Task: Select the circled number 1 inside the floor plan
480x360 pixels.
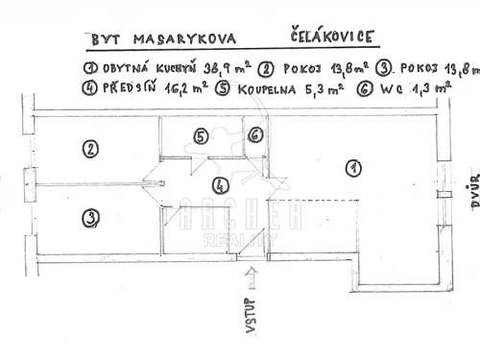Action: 353,169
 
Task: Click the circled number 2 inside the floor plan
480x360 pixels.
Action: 89,150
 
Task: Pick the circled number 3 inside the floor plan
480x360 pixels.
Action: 89,217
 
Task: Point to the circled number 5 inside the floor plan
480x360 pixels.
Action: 200,137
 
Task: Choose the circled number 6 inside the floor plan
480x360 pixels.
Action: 254,137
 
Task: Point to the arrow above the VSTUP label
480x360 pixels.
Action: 252,278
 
